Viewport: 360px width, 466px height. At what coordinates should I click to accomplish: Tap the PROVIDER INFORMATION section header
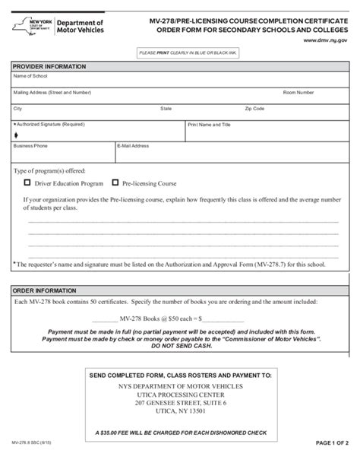click(46, 67)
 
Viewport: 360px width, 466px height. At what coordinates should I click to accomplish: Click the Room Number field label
click(298, 92)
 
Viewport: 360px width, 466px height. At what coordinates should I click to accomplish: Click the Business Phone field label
click(30, 144)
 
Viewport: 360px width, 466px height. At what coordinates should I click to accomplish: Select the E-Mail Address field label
click(134, 144)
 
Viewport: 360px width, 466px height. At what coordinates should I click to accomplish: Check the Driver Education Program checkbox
click(28, 183)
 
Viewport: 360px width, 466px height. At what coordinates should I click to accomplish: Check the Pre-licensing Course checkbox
click(115, 183)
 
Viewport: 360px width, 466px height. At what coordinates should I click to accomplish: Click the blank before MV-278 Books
click(99, 319)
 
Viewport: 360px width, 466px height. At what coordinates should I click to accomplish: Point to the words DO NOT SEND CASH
click(180, 346)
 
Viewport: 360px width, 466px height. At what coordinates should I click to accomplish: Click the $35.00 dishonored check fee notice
click(180, 433)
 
